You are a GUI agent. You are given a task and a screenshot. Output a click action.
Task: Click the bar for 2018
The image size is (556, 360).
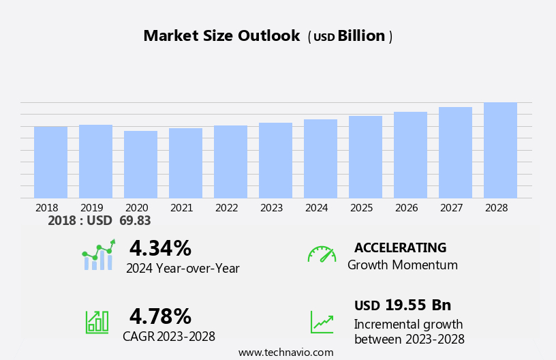pos(50,162)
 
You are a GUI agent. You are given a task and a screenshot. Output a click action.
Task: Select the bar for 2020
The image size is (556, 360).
pos(140,164)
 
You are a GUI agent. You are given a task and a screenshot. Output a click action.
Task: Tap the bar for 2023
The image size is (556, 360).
pos(275,160)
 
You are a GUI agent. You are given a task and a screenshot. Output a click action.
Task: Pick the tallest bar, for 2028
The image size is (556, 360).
pos(500,151)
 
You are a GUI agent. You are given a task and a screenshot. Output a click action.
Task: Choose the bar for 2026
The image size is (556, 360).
pos(410,155)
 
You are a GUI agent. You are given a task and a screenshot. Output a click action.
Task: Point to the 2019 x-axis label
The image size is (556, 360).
pos(92,207)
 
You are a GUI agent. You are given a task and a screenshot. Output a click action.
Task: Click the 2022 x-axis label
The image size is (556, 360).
pos(227,207)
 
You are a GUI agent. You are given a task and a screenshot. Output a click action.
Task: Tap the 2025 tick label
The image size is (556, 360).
pos(362,207)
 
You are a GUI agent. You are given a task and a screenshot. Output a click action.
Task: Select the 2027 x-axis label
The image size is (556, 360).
pos(452,207)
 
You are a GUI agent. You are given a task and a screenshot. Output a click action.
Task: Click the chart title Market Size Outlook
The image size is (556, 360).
pos(221,36)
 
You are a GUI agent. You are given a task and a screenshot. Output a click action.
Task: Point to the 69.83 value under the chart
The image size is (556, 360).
pos(135,220)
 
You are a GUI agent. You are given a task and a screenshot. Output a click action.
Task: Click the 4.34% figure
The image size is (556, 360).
pos(160,248)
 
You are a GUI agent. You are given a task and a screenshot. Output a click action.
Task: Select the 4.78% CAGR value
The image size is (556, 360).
pos(160,316)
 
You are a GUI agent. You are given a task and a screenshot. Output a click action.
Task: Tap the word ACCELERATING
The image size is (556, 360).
pos(400,247)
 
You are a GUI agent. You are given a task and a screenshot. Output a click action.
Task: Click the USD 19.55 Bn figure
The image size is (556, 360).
pos(403,305)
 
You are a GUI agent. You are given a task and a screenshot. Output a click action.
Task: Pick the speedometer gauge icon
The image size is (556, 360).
pos(322,254)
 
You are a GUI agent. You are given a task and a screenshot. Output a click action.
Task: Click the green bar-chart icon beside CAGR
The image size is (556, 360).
pos(97,321)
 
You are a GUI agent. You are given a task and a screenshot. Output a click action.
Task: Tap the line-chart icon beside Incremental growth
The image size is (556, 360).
pos(322,322)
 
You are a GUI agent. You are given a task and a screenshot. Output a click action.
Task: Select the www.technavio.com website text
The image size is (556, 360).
pos(285,352)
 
